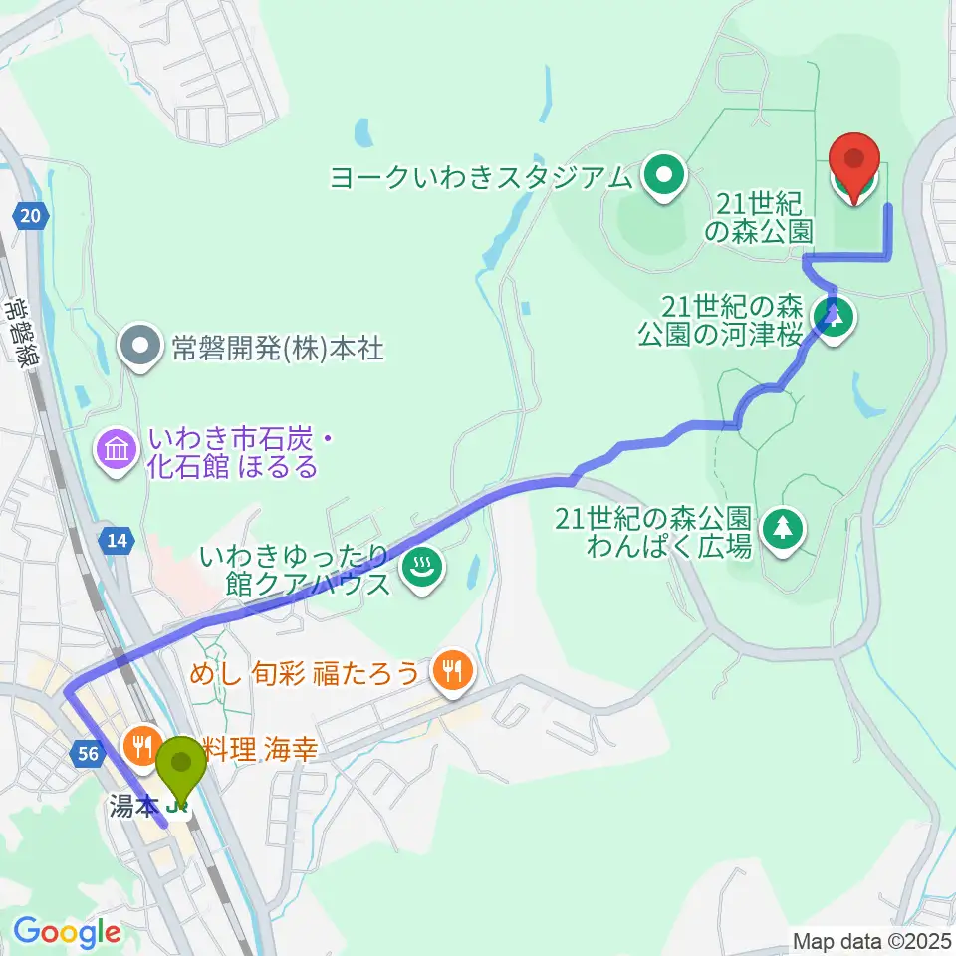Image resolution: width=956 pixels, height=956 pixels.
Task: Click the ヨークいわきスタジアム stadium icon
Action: pyautogui.click(x=661, y=177)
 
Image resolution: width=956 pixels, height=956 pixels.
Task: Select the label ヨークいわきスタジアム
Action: pyautogui.click(x=486, y=178)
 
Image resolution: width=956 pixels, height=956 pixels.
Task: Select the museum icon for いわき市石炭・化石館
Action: pyautogui.click(x=117, y=451)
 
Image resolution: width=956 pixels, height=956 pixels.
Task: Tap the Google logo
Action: pyautogui.click(x=66, y=932)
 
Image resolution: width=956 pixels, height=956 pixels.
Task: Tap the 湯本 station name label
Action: pyautogui.click(x=132, y=806)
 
